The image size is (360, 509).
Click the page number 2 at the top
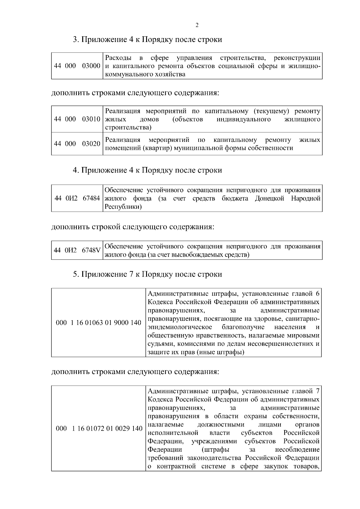point(197,25)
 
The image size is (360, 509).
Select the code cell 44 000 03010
point(77,119)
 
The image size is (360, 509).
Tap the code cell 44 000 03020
point(77,144)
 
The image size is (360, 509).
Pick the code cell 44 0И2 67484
point(77,198)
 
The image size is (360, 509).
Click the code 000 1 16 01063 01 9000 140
point(99,323)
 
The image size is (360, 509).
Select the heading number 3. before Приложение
point(76,40)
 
